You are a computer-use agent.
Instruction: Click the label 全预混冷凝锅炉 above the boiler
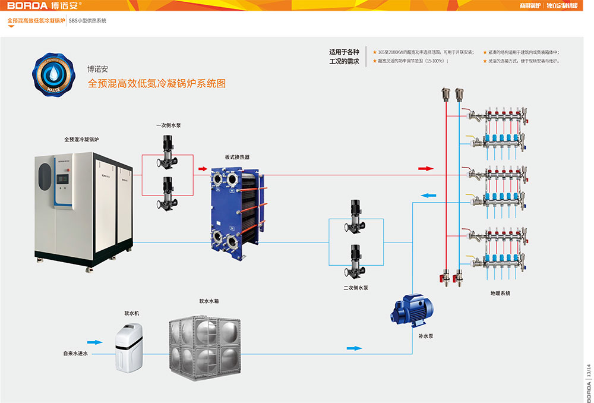coord(81,139)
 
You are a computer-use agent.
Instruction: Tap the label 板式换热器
coord(237,157)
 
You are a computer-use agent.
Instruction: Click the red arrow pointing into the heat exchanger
coord(203,169)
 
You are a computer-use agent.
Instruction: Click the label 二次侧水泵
coord(356,288)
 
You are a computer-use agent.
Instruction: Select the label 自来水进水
coord(75,354)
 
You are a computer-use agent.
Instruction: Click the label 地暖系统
coord(500,293)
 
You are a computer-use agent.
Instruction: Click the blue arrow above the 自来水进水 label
coord(94,342)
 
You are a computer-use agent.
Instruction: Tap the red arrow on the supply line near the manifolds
coord(426,169)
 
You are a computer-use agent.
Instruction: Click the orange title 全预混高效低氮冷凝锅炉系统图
coord(157,84)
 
